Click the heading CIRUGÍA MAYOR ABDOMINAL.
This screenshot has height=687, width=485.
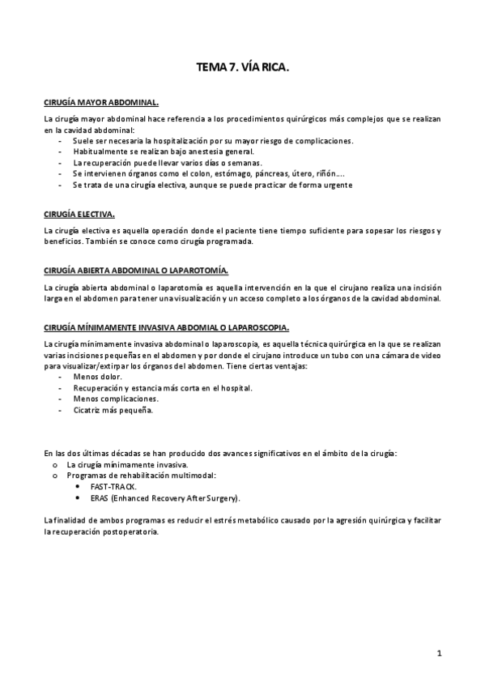(101, 104)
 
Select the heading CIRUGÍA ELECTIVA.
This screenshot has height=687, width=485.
(79, 215)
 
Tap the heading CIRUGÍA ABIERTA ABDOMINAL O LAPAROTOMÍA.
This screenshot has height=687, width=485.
(136, 270)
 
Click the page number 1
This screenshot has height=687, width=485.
(438, 652)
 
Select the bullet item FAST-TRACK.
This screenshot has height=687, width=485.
(113, 486)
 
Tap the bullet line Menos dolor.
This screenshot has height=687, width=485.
(97, 376)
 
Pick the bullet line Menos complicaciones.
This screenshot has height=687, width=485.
(116, 399)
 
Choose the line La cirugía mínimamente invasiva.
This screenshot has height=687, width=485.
(127, 464)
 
